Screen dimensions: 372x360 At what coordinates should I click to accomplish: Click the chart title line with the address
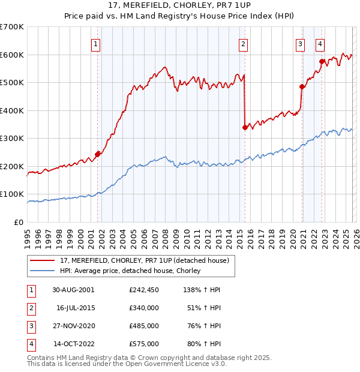click(180, 6)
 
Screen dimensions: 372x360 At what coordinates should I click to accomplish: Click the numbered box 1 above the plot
click(96, 43)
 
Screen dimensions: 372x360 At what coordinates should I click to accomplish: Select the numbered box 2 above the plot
click(243, 43)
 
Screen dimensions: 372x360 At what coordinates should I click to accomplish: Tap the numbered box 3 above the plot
click(300, 43)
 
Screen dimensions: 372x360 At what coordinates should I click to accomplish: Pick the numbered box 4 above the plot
click(321, 43)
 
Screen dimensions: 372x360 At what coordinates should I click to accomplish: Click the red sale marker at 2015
click(245, 127)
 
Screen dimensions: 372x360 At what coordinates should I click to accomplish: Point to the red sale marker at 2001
click(98, 154)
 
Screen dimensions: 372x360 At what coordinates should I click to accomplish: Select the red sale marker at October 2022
click(322, 61)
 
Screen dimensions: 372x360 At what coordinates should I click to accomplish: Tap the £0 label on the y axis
click(19, 222)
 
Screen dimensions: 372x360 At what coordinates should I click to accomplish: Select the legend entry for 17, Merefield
click(145, 260)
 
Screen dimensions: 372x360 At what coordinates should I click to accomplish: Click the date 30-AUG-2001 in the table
click(73, 289)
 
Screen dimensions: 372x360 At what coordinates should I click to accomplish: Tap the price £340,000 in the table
click(143, 308)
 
